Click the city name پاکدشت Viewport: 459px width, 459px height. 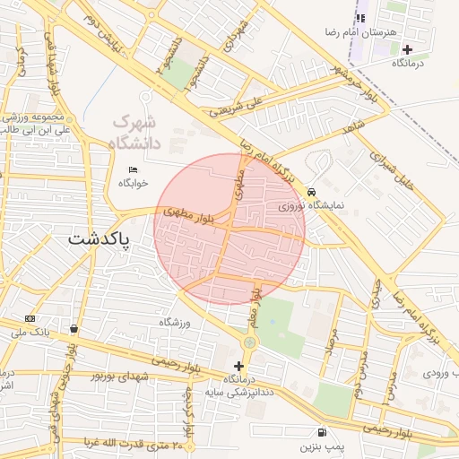click(x=99, y=240)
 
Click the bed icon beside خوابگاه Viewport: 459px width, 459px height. click(x=134, y=170)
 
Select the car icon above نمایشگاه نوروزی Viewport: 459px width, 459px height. click(x=311, y=192)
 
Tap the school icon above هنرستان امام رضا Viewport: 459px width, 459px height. click(x=360, y=17)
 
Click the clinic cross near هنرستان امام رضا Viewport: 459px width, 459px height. click(x=409, y=49)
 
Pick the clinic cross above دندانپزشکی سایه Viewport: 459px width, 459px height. click(x=238, y=366)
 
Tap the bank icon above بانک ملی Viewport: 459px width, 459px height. click(x=31, y=318)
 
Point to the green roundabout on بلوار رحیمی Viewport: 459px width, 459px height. click(x=249, y=342)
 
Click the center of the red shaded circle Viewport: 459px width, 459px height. click(x=229, y=229)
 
